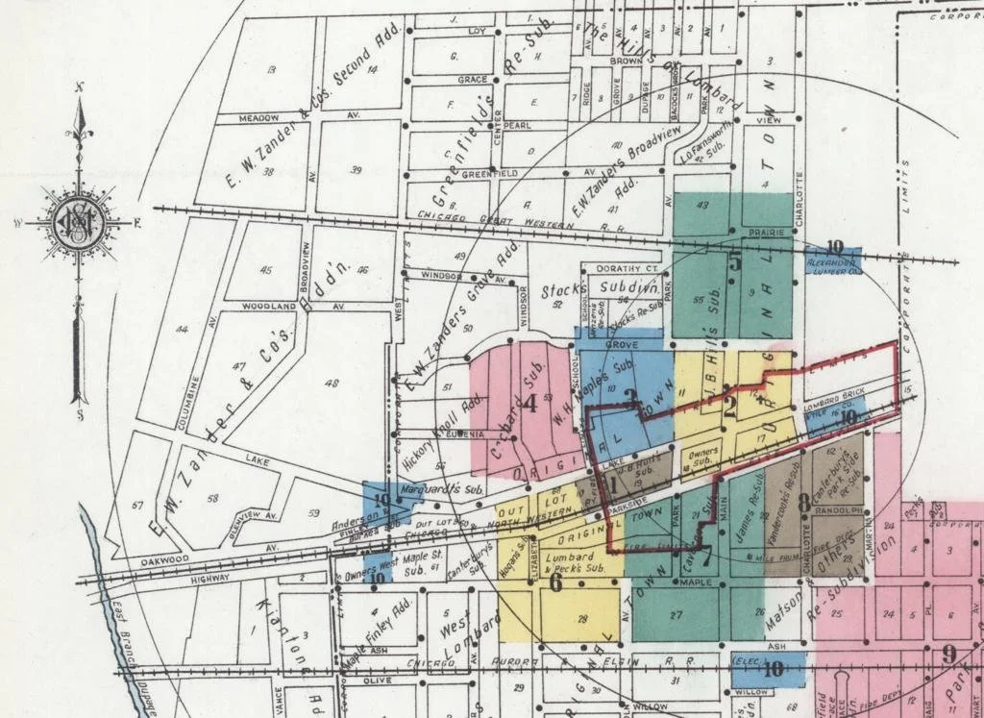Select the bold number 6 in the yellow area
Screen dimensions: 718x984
[554, 582]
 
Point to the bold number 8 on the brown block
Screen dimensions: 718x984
[803, 501]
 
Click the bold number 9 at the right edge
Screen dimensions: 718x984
[949, 655]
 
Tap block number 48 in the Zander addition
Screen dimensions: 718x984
[333, 384]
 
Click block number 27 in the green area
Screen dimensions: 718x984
[676, 614]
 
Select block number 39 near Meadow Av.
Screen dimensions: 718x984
[356, 170]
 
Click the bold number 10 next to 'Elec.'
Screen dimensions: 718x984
[772, 670]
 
